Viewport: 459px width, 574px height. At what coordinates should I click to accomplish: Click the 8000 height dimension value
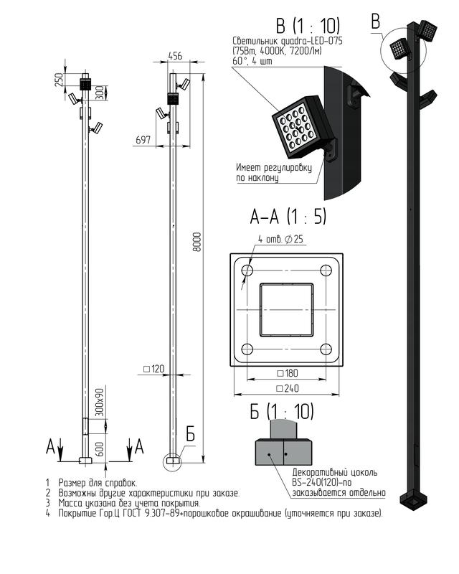point(197,242)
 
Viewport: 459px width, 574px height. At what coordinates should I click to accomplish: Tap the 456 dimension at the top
point(175,56)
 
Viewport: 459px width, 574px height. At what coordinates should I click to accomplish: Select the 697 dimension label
point(143,139)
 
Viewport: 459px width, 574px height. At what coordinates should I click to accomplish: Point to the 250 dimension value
point(59,80)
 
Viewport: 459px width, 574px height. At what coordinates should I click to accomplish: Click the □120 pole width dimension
point(153,369)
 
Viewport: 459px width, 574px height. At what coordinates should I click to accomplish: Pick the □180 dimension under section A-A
point(288,373)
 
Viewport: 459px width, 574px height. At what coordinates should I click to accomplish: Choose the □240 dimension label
point(288,388)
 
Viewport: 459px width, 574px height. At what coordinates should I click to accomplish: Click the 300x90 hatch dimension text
point(100,402)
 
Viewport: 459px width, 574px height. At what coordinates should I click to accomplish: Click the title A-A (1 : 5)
point(288,216)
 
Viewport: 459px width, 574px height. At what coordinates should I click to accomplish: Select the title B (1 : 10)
point(308,26)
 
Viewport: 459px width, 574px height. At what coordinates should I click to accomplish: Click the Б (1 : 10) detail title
point(282,411)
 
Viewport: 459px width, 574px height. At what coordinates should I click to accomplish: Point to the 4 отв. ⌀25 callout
point(280,239)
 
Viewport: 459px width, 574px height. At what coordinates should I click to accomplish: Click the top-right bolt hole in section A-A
point(326,270)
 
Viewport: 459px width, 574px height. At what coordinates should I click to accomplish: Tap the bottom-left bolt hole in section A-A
point(247,349)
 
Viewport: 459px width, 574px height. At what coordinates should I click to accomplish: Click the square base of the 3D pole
point(414,499)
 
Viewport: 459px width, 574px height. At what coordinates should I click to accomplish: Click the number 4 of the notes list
point(48,513)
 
